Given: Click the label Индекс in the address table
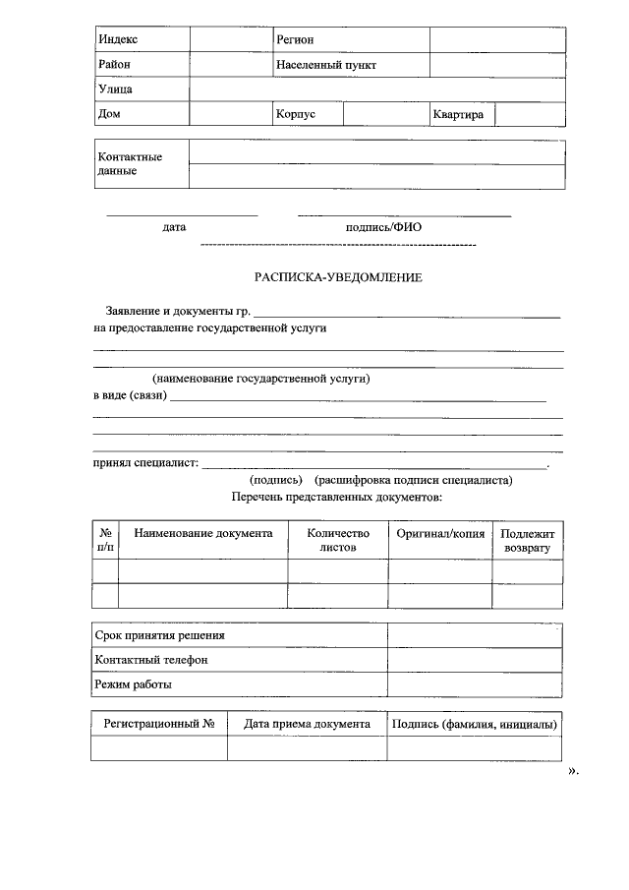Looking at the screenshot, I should (118, 39).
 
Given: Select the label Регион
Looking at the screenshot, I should (296, 39).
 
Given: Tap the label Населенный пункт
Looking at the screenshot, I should (326, 65).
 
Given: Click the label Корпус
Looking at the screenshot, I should (296, 114).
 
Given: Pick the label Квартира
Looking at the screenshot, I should (458, 114).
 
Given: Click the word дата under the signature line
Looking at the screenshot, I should (175, 227).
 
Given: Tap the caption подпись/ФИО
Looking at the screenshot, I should (383, 227).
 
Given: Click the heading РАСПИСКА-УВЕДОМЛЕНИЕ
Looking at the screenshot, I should (338, 277).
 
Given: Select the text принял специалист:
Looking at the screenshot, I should (145, 462).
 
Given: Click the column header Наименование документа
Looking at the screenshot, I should (203, 533).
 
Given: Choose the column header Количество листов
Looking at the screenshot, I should (337, 540).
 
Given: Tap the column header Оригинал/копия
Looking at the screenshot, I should (440, 533).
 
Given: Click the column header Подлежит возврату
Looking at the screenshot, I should (528, 540).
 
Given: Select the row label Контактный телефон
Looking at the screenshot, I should (151, 659).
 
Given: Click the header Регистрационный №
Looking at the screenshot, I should (159, 724).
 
